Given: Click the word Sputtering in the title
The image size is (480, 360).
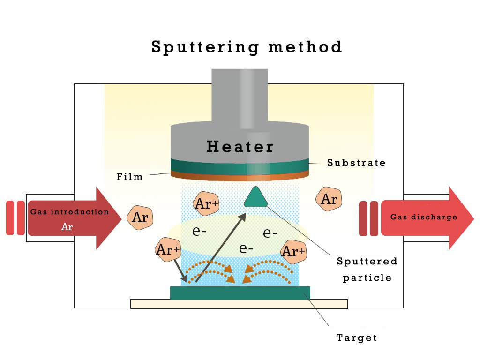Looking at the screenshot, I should click(205, 47).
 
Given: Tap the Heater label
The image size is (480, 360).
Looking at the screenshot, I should click(240, 147).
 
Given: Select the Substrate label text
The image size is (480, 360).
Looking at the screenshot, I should click(356, 163).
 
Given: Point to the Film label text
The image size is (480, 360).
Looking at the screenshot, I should click(129, 177).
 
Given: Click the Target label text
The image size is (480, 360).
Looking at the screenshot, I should click(357, 337).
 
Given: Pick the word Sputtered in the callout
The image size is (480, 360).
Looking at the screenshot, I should click(367, 261).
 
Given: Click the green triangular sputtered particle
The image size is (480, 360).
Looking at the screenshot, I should click(256, 197).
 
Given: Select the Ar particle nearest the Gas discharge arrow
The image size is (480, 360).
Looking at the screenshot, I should click(329, 199).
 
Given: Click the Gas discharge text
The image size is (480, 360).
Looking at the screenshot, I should click(424, 217).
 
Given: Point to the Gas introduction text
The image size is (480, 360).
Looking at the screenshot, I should click(69, 212).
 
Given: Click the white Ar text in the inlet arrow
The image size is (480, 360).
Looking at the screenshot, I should click(67, 227).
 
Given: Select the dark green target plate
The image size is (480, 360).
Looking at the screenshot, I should click(240, 292).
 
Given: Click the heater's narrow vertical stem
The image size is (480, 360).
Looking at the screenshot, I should click(240, 96).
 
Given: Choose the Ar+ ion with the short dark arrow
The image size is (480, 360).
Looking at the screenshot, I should click(167, 250).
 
